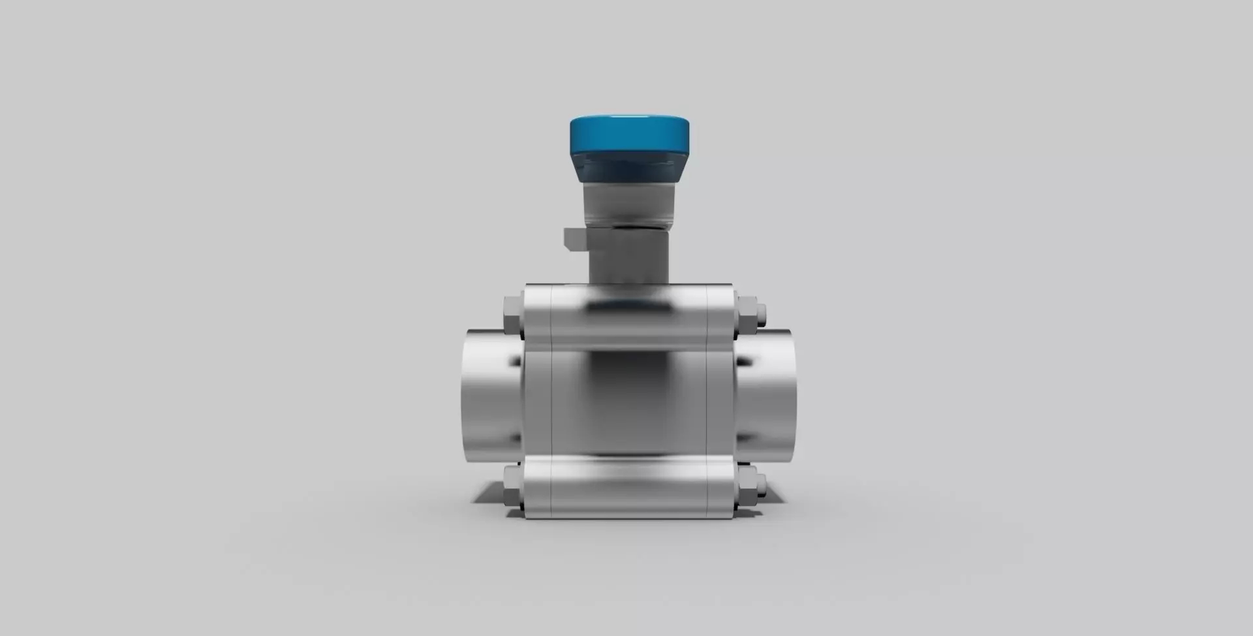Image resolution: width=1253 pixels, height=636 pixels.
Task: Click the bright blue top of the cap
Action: pyautogui.click(x=629, y=133)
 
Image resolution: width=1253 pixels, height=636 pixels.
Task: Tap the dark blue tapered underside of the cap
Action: pyautogui.click(x=629, y=168)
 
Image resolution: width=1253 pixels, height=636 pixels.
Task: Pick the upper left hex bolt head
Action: pyautogui.click(x=513, y=317)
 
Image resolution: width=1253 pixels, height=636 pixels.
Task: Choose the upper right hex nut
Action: pyautogui.click(x=747, y=317)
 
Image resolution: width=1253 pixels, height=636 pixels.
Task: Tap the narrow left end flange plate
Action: pyautogui.click(x=538, y=402)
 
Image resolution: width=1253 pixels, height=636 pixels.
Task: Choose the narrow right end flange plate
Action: pyautogui.click(x=720, y=402)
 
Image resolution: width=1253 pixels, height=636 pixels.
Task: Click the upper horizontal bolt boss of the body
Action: pyautogui.click(x=629, y=317)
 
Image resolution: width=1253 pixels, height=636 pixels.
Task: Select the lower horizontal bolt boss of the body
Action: pyautogui.click(x=629, y=488)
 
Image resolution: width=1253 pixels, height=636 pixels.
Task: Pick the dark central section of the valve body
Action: pyautogui.click(x=629, y=402)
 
